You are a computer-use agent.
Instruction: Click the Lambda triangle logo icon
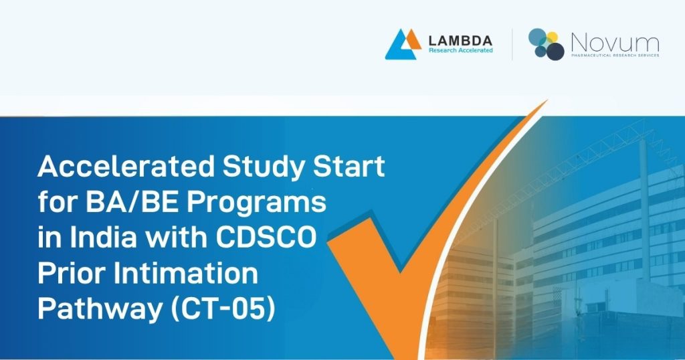[403, 43]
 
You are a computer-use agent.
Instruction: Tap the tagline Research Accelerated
[460, 51]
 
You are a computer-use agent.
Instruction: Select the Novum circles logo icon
[546, 43]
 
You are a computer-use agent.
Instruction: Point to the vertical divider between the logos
[512, 44]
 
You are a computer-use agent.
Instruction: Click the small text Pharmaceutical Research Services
[614, 56]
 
